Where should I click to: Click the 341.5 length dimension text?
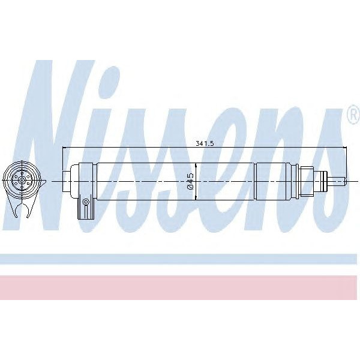[205, 143]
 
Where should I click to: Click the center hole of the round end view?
[23, 179]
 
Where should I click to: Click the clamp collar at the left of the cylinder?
[83, 179]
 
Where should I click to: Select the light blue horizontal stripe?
[180, 259]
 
